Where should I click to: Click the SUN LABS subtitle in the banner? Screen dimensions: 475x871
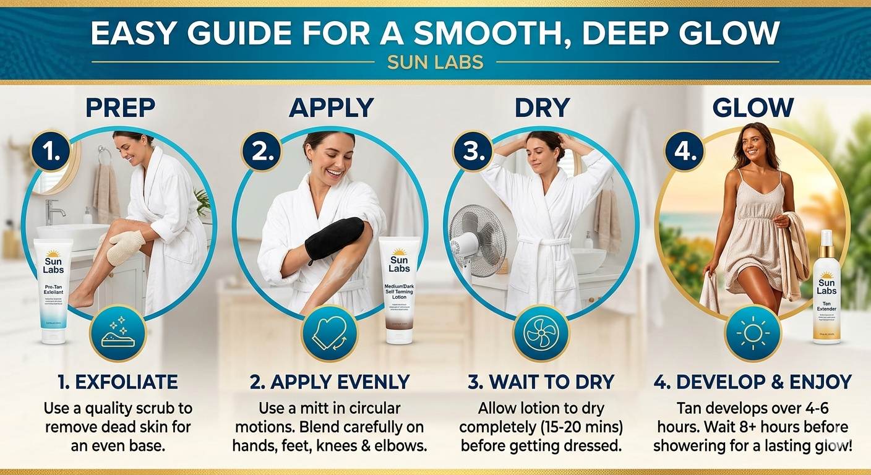click(435, 62)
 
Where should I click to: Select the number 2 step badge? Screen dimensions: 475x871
click(262, 151)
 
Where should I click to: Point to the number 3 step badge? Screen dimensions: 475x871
click(473, 151)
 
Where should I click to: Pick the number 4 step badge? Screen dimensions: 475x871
click(685, 151)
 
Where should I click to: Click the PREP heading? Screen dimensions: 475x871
click(120, 108)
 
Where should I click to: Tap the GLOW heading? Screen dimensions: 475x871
click(752, 108)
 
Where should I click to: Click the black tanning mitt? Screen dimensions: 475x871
click(334, 239)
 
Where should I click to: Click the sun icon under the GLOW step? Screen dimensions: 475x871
click(752, 333)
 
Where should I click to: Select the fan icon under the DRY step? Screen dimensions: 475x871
click(541, 333)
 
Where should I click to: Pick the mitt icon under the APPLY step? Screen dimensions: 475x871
click(329, 333)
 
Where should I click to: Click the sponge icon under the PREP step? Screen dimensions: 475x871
click(118, 333)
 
